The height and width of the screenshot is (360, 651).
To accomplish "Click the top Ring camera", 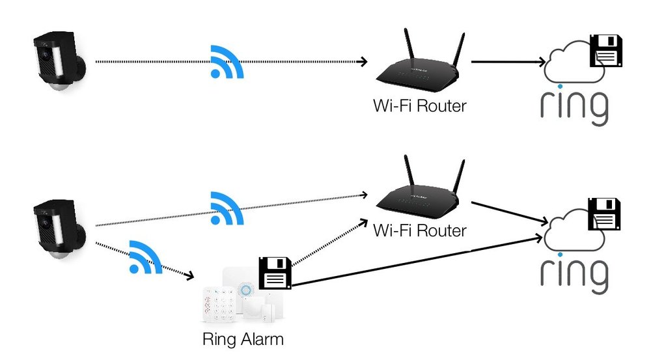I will (59, 63).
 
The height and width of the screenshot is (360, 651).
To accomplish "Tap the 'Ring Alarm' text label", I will (243, 339).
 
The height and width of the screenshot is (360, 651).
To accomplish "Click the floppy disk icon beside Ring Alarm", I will (275, 273).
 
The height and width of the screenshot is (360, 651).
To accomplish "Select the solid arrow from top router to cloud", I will (508, 62).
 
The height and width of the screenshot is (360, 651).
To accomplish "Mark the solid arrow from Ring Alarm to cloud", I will (417, 260).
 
